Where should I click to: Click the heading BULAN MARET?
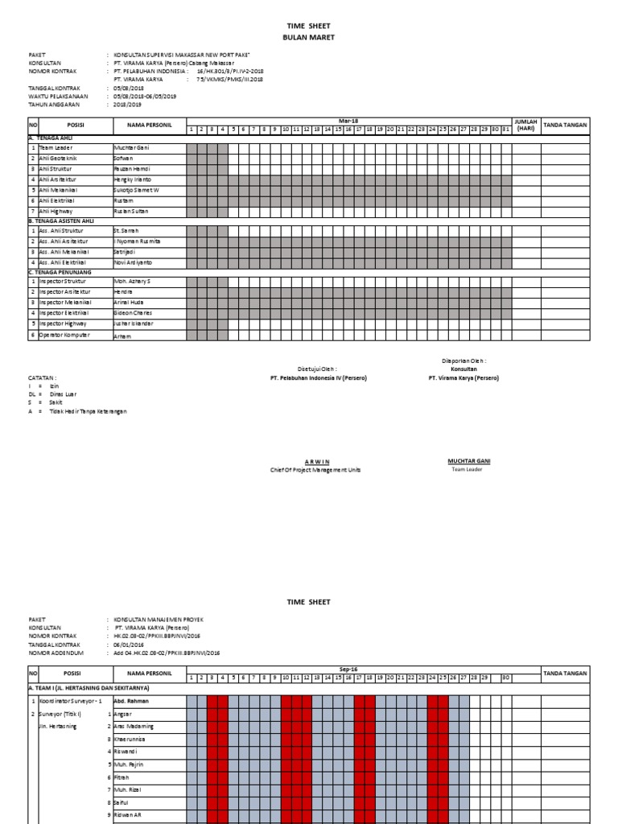(309, 37)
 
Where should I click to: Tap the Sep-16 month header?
(348, 669)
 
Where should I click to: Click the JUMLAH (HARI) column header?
(525, 125)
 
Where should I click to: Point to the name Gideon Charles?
(133, 312)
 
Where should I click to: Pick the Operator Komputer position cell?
(65, 335)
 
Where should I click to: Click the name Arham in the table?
(122, 336)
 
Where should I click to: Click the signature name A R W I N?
(319, 461)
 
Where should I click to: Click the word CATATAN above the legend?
(43, 377)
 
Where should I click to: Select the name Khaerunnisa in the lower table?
(133, 738)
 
